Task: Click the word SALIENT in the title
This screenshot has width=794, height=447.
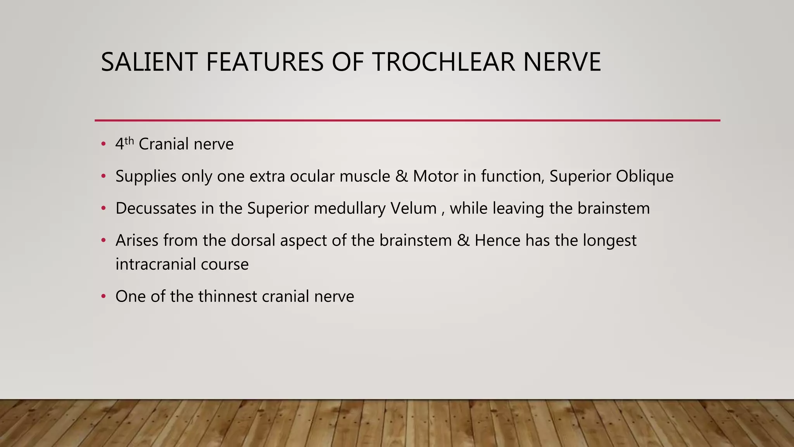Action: [149, 62]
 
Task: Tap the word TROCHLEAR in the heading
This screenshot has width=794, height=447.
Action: [444, 62]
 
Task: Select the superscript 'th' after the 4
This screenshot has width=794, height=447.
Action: [129, 140]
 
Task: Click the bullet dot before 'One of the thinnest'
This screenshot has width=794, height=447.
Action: [103, 296]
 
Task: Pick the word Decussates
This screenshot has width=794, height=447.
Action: [156, 208]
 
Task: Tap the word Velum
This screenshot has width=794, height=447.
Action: [413, 208]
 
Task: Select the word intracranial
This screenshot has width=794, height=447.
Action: [155, 264]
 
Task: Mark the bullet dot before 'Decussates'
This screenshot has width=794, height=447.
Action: [103, 208]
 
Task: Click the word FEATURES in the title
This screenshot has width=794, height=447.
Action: [264, 62]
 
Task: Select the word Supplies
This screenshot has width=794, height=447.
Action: [146, 177]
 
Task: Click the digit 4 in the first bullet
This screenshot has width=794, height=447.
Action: [119, 144]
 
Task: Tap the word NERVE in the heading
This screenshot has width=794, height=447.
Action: [562, 62]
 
